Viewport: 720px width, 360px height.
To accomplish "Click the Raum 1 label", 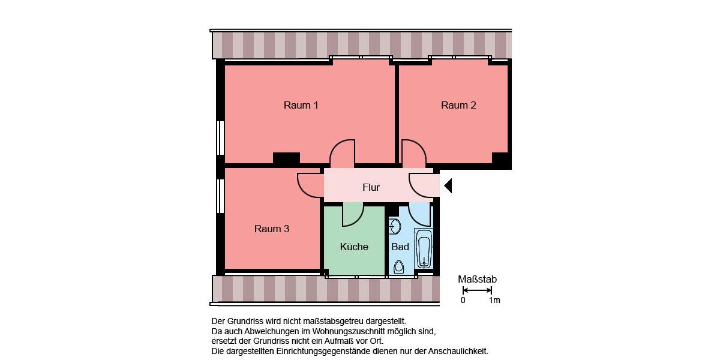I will coord(301,106).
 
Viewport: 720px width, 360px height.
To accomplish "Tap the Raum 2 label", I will coord(458,106).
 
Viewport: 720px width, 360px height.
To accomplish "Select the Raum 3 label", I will coord(272,229).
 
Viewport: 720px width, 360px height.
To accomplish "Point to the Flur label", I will coord(371,187).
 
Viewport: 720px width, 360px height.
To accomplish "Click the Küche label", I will coord(354,247).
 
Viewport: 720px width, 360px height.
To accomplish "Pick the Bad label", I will coord(400,247).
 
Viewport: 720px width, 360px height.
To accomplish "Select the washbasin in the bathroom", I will coord(395,226).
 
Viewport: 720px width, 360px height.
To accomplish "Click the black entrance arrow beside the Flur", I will coord(448,186).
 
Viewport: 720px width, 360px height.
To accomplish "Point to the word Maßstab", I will coord(477,280).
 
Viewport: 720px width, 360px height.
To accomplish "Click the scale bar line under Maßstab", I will coord(477,290).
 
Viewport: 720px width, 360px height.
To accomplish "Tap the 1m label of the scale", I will coord(494,300).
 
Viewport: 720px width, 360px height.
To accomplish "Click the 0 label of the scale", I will coord(463,300).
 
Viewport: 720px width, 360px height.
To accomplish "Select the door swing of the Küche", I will coord(352,215).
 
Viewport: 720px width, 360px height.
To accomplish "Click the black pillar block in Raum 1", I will coord(286,158).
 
